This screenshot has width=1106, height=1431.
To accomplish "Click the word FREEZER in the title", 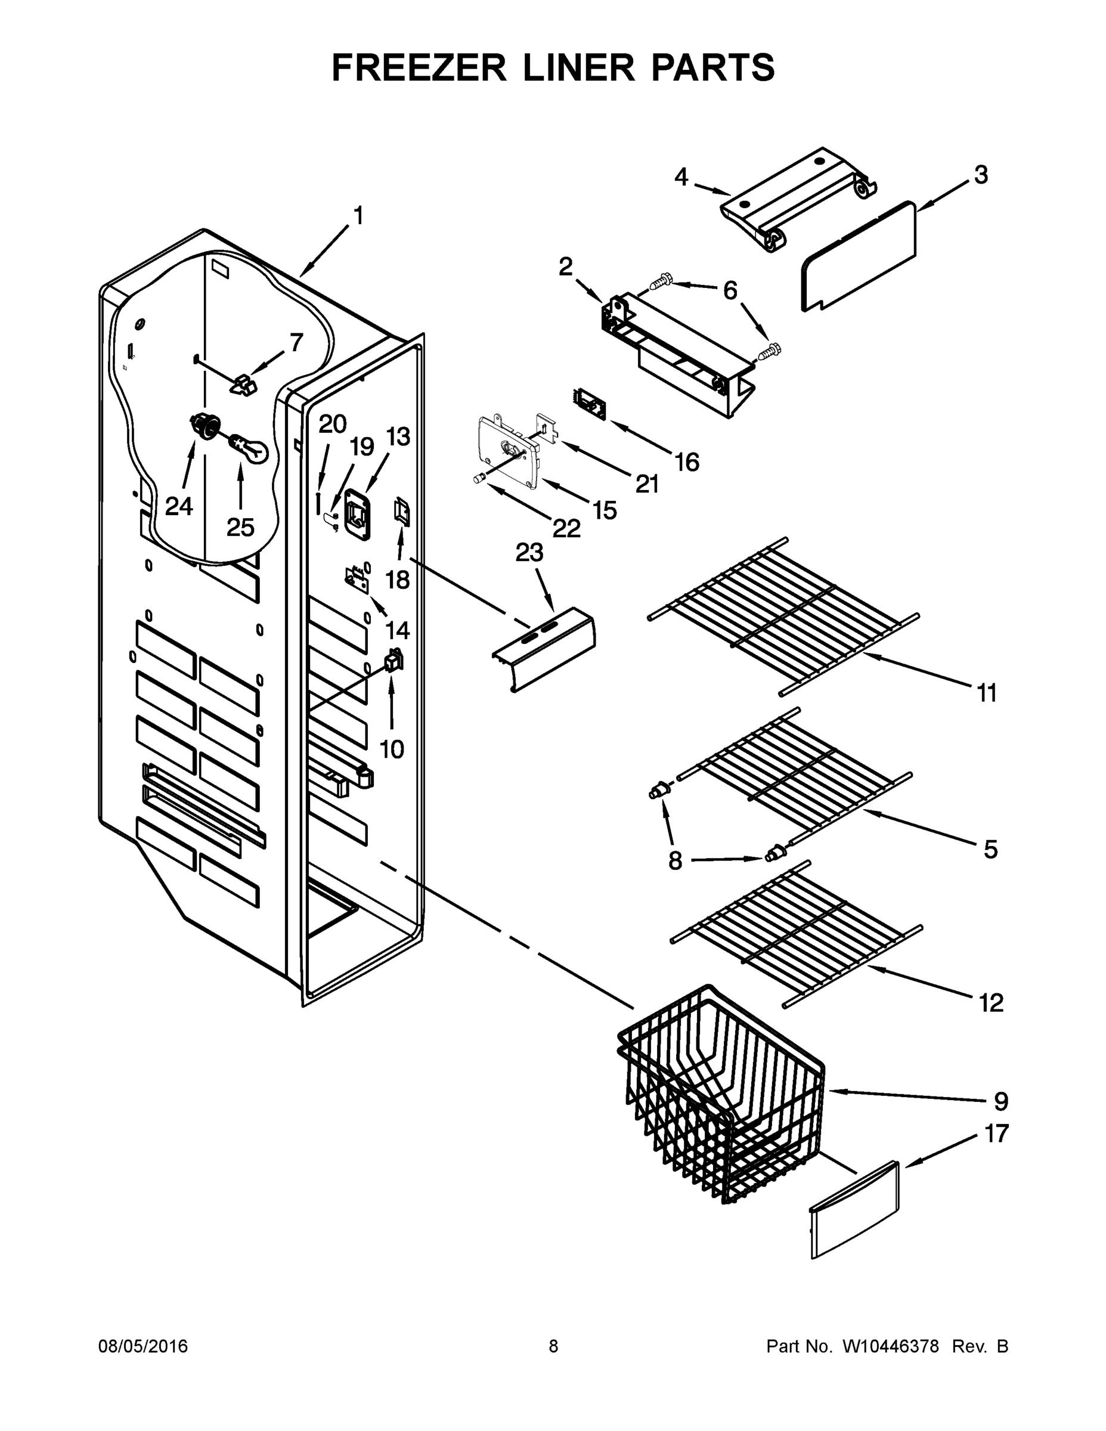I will [x=419, y=67].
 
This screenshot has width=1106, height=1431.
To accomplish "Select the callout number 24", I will [x=178, y=506].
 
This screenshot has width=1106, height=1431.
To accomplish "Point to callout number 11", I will [x=987, y=693].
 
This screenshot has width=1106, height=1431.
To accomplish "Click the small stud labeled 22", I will [x=478, y=479].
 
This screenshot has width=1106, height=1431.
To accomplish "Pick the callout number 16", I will [x=687, y=462].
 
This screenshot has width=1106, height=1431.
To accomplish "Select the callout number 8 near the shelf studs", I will [x=675, y=860].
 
